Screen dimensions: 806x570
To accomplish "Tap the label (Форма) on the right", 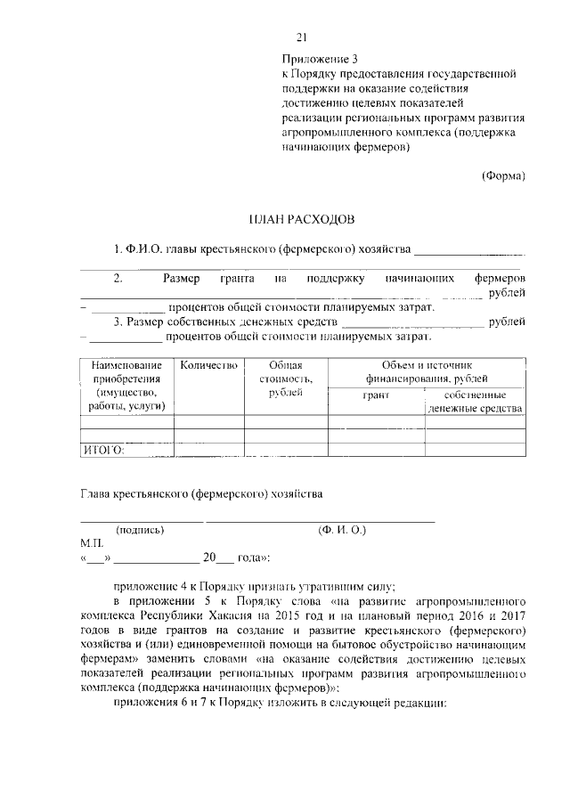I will pyautogui.click(x=503, y=175).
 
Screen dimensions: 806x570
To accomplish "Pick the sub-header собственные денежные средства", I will pyautogui.click(x=474, y=401).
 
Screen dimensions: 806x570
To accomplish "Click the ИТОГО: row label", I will pyautogui.click(x=103, y=450).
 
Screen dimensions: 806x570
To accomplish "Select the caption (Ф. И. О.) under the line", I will pyautogui.click(x=342, y=530).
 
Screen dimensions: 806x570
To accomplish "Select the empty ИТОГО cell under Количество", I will pyautogui.click(x=209, y=450).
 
